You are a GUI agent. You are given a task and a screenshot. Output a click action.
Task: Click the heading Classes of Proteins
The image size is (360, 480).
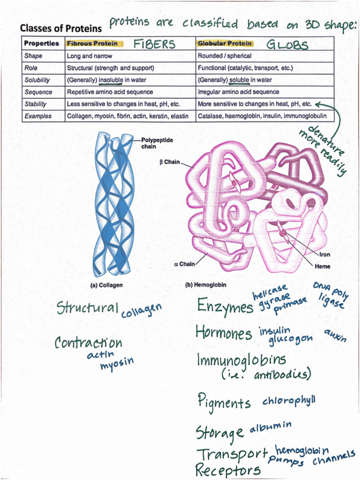tap(60, 28)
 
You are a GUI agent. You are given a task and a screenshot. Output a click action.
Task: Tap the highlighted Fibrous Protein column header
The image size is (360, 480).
tap(92, 44)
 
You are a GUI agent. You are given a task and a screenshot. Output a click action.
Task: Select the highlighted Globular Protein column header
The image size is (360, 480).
tap(225, 44)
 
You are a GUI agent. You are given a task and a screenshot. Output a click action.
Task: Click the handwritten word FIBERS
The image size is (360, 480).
tap(154, 45)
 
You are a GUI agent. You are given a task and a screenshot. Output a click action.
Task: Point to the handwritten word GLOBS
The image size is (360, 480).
tap(287, 45)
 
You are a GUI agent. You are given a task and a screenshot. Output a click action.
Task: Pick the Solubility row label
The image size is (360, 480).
tap(37, 80)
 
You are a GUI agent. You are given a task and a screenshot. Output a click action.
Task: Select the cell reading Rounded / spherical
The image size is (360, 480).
tap(225, 56)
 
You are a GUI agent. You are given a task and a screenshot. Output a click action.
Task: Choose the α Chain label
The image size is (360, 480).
tap(184, 264)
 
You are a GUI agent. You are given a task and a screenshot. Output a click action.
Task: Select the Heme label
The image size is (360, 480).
tap(322, 266)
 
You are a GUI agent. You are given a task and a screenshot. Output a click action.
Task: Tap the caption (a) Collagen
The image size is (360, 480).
tap(106, 285)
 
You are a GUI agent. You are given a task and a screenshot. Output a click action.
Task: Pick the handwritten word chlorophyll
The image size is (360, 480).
tap(289, 401)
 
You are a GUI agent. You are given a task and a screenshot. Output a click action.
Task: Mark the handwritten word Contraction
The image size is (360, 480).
tap(88, 343)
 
